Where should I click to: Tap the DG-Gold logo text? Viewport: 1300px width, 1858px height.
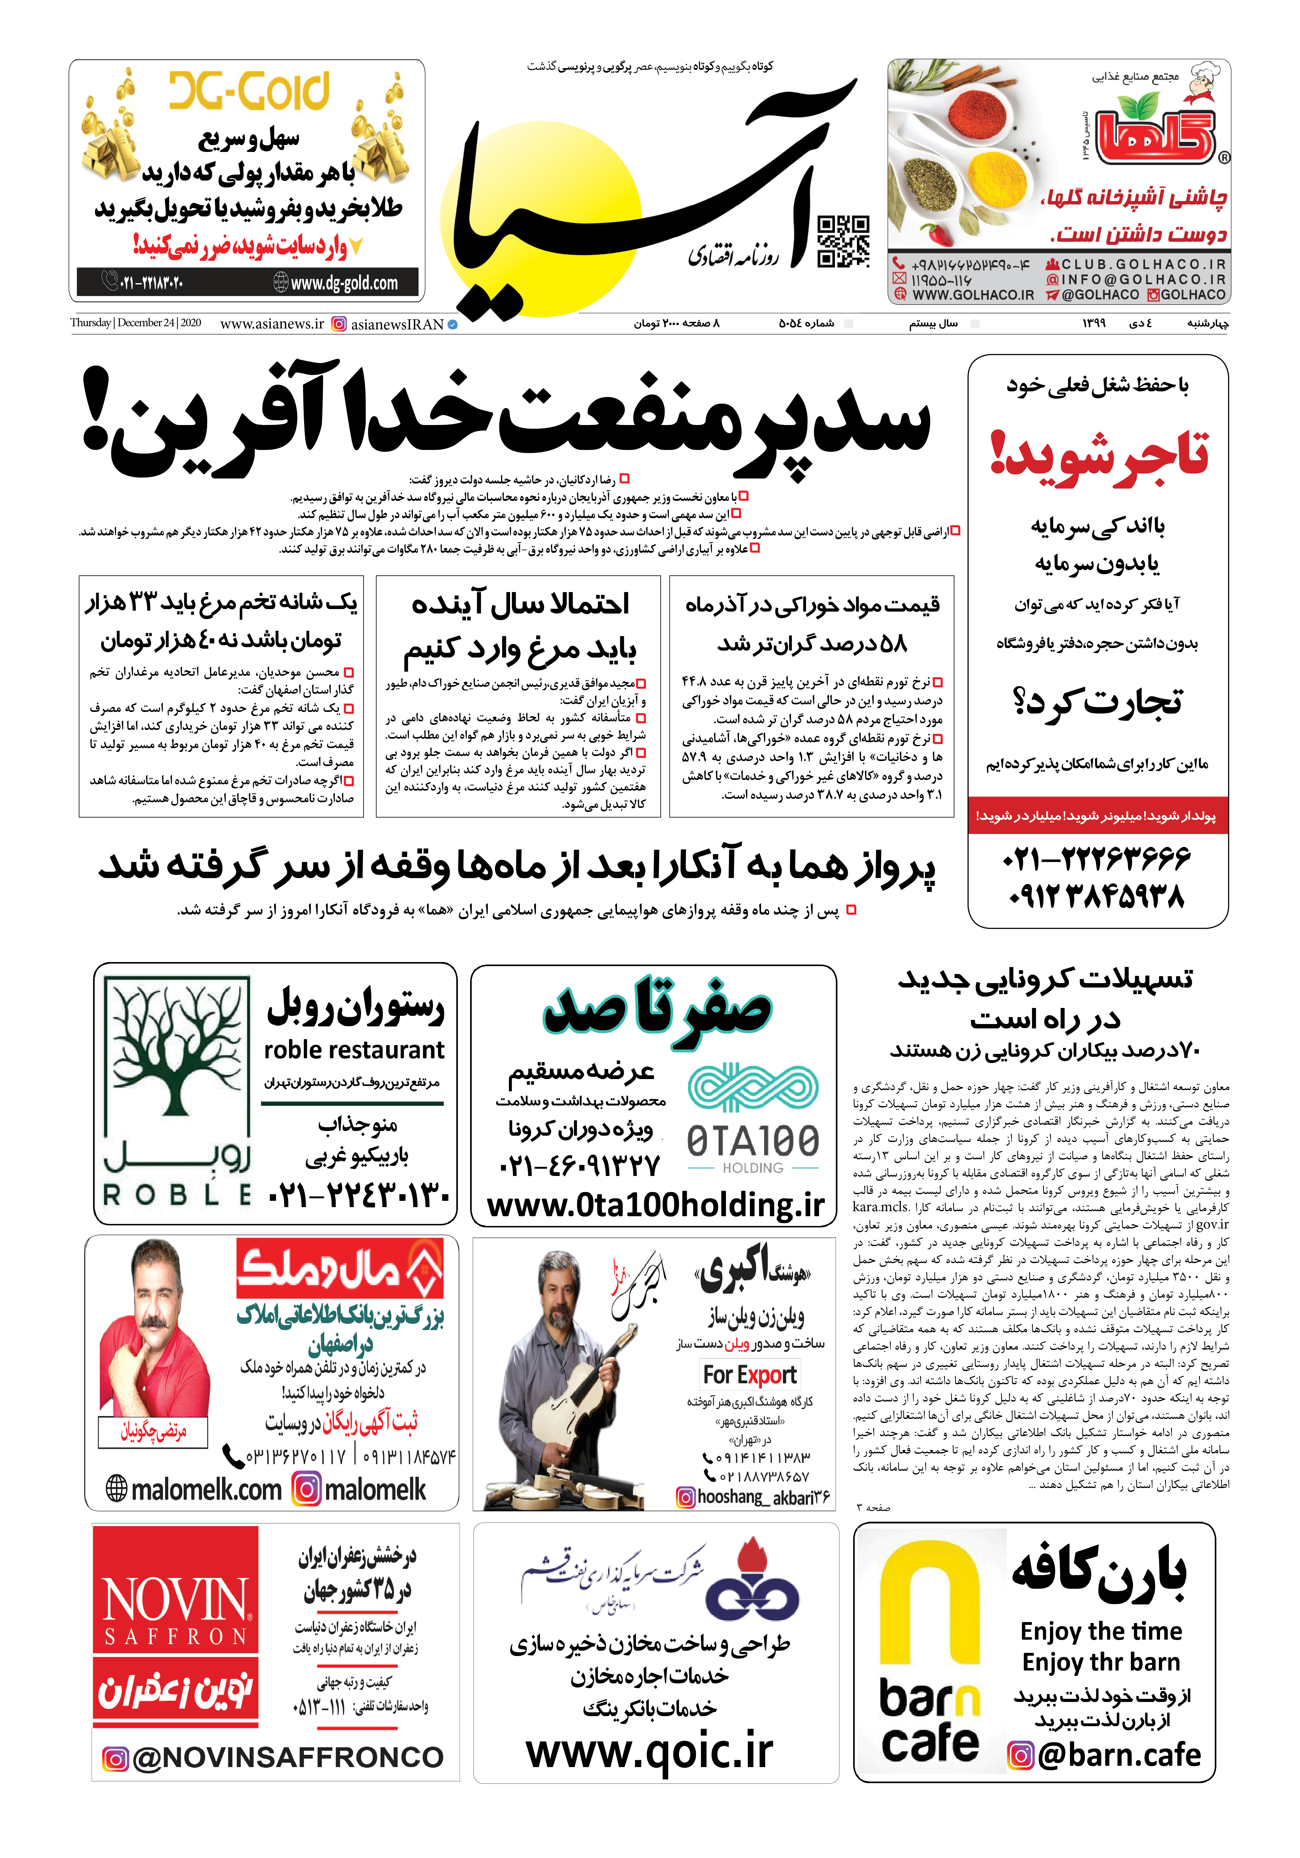pyautogui.click(x=249, y=92)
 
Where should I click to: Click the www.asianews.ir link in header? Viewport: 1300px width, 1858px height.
pyautogui.click(x=272, y=324)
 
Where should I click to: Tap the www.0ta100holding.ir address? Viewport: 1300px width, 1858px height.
pyautogui.click(x=655, y=1206)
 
